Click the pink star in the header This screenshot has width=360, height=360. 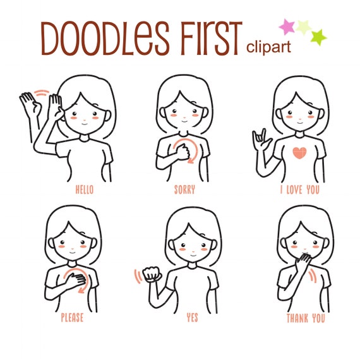[288, 27]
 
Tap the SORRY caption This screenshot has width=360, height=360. [184, 189]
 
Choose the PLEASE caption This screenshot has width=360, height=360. [72, 318]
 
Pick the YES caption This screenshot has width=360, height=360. [192, 318]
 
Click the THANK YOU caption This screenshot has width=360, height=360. [306, 318]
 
